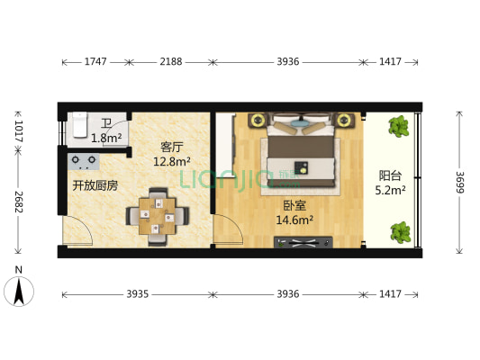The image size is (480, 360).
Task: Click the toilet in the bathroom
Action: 79,126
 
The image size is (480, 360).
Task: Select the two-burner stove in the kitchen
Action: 85,161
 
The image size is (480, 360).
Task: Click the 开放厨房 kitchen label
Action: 95,185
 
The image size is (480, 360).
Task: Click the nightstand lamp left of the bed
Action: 255,118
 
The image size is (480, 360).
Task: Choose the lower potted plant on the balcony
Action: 402,232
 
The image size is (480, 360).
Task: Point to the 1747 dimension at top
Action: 96,62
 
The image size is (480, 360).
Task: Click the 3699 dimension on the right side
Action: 459,186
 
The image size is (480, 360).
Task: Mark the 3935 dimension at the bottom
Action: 137,294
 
